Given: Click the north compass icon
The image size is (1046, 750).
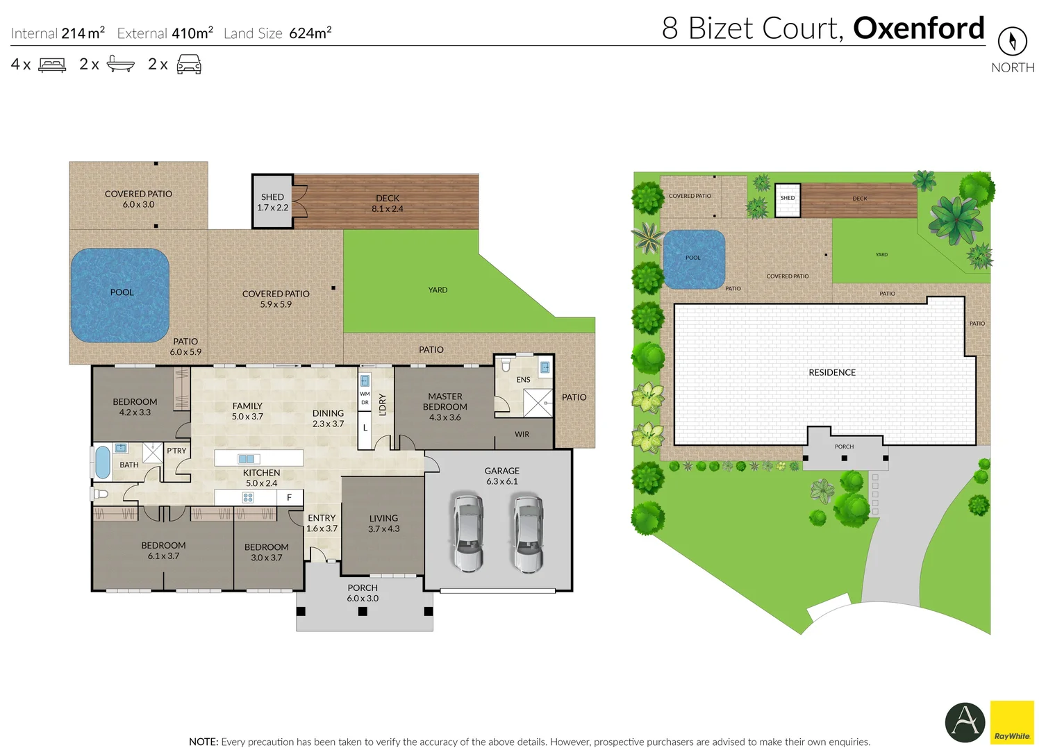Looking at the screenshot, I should [1012, 42].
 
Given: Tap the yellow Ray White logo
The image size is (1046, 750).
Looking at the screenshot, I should [1012, 722].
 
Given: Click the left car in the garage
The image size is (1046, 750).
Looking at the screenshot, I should [468, 532].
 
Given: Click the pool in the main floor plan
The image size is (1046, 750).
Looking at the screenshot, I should [120, 295].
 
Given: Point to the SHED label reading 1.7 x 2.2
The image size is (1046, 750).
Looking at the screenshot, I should [272, 202].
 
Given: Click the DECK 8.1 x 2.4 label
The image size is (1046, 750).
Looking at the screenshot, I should [387, 203].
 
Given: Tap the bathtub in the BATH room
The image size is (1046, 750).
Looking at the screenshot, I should [102, 462].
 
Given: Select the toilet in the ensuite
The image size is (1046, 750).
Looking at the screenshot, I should [506, 365].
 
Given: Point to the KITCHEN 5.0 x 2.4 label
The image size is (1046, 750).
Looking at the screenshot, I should [261, 478].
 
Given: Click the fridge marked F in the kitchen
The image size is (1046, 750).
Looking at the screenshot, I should [290, 497].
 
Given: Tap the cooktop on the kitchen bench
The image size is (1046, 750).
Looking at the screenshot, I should [248, 497].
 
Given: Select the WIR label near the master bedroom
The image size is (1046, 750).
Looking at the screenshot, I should [522, 434].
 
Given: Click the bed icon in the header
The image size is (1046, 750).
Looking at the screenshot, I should [52, 65].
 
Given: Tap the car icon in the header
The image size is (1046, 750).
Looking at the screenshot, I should [189, 65].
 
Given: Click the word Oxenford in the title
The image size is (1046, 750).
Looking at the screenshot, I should [918, 28].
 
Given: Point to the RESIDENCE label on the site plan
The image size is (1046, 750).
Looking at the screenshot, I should [831, 373].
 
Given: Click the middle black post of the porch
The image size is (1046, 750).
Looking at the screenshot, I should [363, 612].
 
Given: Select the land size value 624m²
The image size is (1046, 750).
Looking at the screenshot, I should [310, 33].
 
